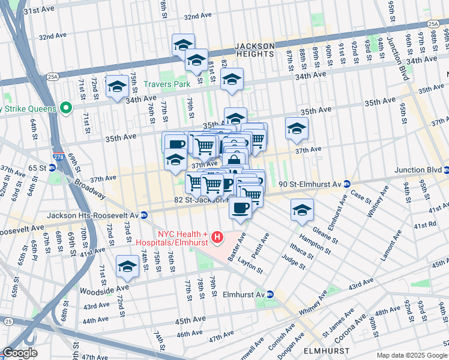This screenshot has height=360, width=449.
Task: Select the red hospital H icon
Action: (217, 238)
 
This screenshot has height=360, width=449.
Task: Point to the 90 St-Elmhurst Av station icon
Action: (346, 184)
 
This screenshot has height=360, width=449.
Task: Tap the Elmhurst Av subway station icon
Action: (270, 295)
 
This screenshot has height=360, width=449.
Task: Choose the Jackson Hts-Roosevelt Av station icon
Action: (143, 215)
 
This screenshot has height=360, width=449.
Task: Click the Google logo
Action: (20, 353)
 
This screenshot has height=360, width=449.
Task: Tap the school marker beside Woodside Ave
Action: (127, 266)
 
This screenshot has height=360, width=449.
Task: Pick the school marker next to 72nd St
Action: (117, 85)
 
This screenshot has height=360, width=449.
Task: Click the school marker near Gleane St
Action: (301, 209)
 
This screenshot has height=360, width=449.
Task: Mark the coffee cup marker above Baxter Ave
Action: (240, 207)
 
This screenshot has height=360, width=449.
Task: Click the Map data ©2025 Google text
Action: (411, 355)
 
